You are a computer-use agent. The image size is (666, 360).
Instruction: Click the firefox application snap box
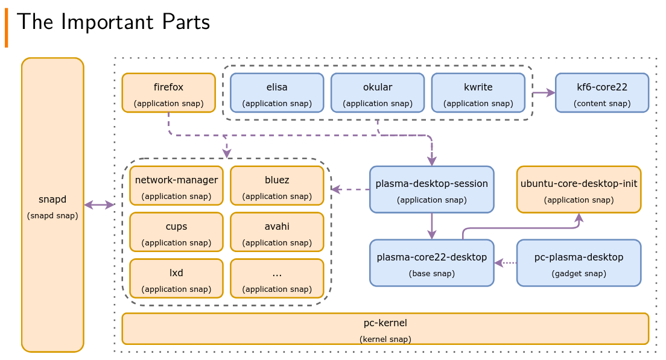(169, 93)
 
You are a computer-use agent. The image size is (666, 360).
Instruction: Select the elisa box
(277, 93)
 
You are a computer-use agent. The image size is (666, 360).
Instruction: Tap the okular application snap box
(378, 93)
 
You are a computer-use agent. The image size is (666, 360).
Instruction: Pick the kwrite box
(478, 93)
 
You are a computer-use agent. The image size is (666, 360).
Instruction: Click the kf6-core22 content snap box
(602, 93)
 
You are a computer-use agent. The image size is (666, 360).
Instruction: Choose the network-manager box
(176, 186)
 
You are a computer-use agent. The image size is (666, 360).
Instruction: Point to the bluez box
(277, 186)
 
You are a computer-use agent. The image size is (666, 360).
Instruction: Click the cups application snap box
(176, 232)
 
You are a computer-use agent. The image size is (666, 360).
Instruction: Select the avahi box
(277, 232)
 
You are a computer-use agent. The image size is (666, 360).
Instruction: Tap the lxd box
(176, 279)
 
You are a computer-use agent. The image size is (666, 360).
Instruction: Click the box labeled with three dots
(277, 279)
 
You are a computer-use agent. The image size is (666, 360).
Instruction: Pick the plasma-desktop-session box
(431, 189)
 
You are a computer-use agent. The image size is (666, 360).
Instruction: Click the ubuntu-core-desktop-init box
(579, 189)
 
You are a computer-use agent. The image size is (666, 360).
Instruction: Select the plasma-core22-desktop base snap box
(431, 263)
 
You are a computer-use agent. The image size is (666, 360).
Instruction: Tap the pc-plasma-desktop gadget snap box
(579, 263)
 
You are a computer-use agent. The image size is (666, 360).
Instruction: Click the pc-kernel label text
(385, 323)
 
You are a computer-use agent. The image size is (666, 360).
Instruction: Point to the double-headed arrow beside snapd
(100, 205)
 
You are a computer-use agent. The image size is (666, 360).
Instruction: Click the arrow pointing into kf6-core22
(544, 92)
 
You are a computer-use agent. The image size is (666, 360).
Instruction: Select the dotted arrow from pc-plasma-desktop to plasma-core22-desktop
(506, 263)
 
